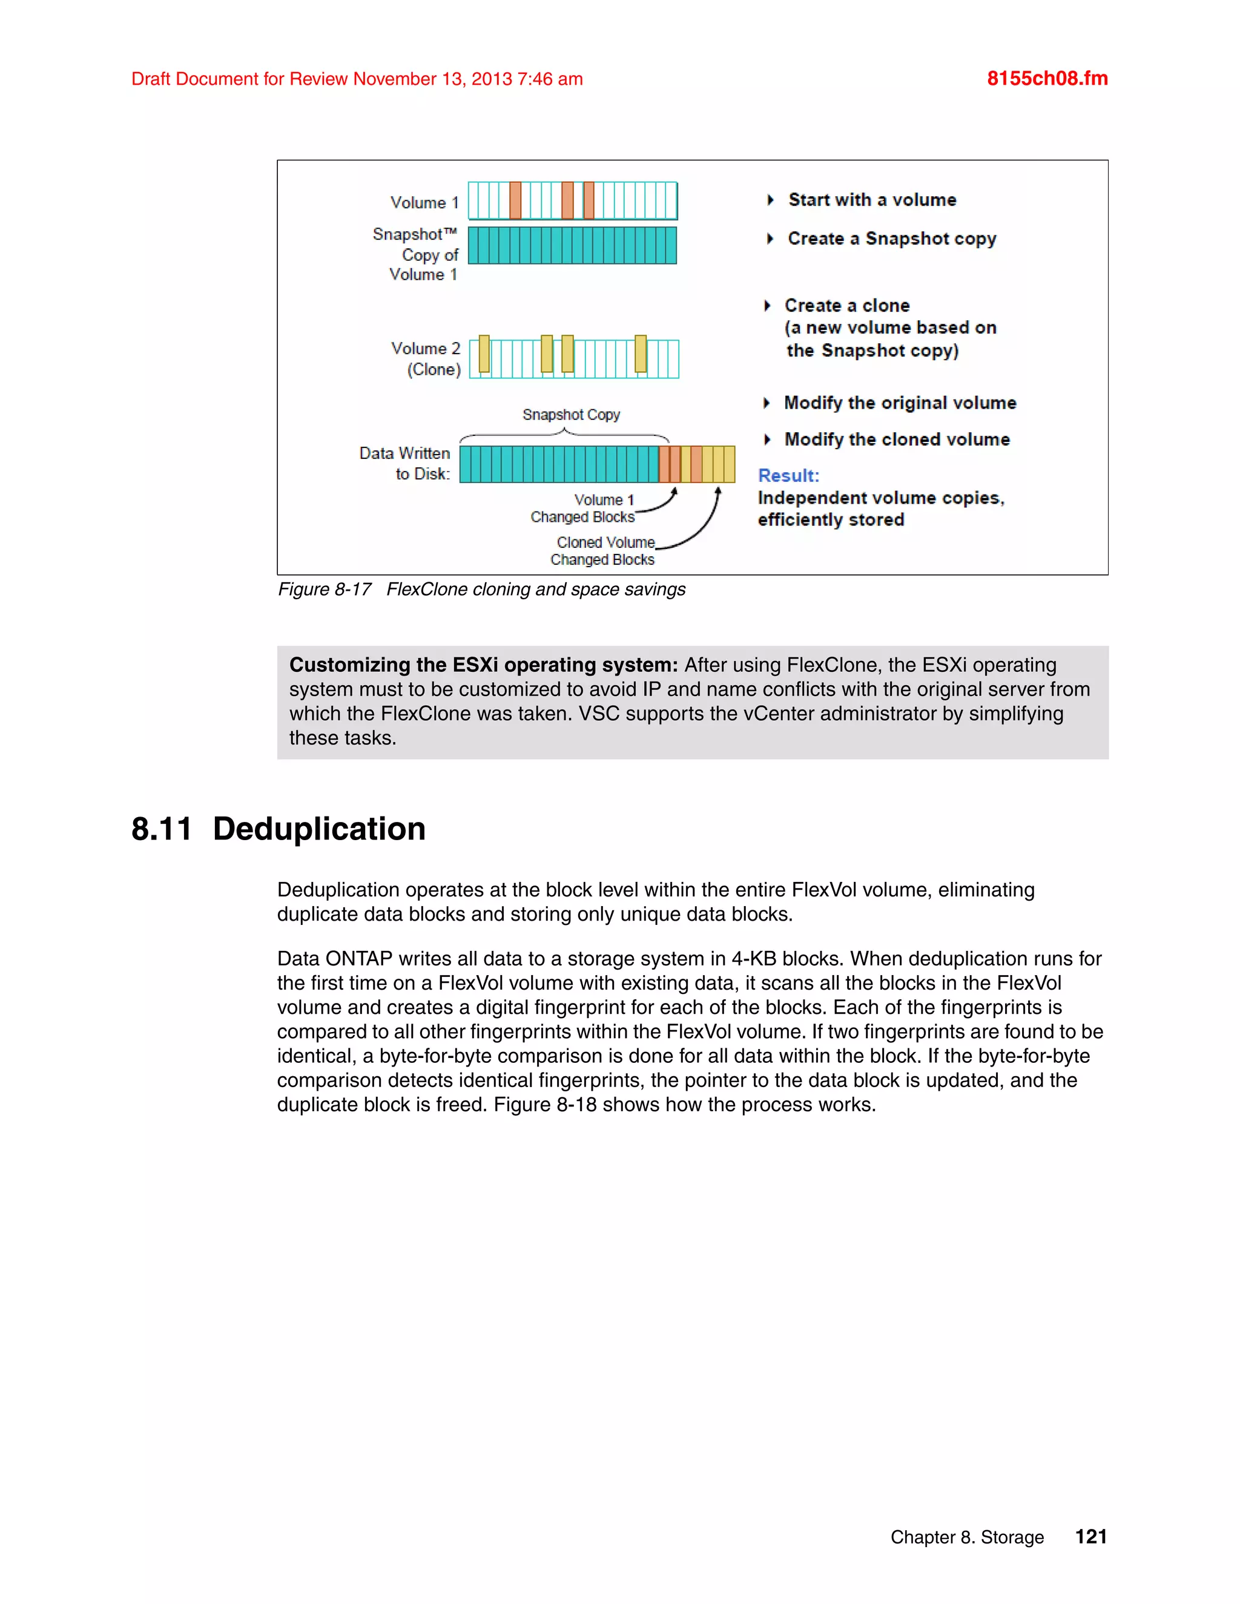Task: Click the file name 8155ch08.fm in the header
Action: tap(1047, 79)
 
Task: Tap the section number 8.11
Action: tap(162, 829)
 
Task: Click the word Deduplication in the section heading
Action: tap(319, 829)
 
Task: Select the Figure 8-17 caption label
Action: tap(324, 589)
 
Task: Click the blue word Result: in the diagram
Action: tap(788, 475)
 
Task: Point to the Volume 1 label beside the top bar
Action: tap(424, 202)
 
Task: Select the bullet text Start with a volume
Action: tap(872, 200)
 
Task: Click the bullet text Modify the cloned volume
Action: tap(897, 439)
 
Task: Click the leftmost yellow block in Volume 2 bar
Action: tap(484, 353)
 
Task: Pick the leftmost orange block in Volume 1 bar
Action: tap(515, 200)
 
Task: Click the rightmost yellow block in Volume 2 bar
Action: tap(641, 353)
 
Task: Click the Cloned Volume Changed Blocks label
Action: tap(603, 551)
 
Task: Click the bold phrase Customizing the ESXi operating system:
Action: tap(483, 665)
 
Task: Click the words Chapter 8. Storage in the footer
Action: tap(967, 1537)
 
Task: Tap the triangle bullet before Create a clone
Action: tap(767, 306)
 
